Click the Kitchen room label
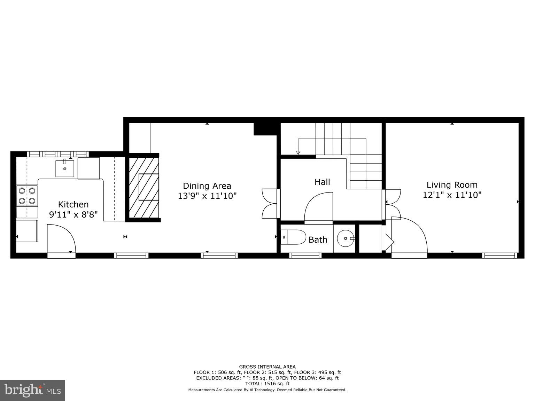pos(73,204)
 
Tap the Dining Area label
pos(207,186)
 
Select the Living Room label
pos(452,185)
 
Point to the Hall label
pos(322,182)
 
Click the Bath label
pos(318,240)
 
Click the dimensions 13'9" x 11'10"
pos(207,196)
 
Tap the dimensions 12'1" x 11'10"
pos(452,195)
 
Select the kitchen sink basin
pos(65,168)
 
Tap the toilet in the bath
pos(293,237)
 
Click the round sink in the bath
pos(345,238)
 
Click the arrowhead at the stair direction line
pos(298,152)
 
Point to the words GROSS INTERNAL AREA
pos(267,367)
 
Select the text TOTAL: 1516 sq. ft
pos(267,384)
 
